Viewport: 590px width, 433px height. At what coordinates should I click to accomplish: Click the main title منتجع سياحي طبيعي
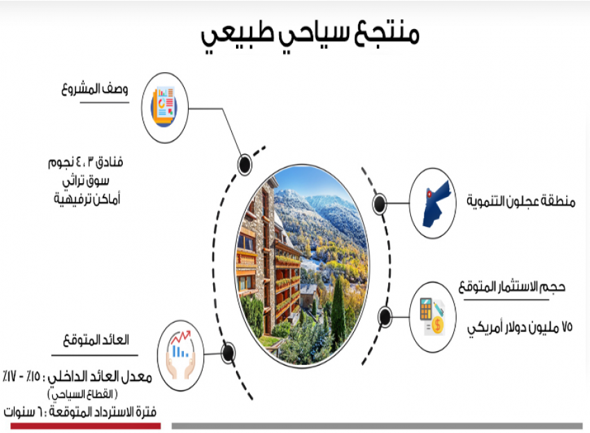click(x=310, y=36)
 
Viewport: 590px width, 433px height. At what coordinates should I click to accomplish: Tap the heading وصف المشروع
click(x=95, y=90)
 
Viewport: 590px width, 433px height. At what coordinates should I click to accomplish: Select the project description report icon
click(x=164, y=108)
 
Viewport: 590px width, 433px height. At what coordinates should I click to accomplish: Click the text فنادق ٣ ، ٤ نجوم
click(x=86, y=162)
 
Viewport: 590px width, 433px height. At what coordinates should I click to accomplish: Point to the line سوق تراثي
click(x=86, y=181)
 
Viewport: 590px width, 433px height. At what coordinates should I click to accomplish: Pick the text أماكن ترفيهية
click(x=87, y=198)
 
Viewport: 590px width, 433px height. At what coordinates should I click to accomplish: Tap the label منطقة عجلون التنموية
click(x=521, y=201)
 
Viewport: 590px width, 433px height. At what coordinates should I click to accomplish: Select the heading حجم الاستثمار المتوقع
click(x=512, y=287)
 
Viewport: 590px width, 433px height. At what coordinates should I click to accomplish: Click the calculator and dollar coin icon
click(x=432, y=316)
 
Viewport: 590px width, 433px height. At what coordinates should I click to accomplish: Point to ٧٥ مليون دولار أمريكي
click(x=520, y=328)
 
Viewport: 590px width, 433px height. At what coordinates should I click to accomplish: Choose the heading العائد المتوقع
click(x=96, y=340)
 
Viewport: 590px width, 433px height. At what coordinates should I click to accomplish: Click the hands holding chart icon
click(x=180, y=355)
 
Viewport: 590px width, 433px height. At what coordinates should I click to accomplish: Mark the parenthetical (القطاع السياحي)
click(x=83, y=394)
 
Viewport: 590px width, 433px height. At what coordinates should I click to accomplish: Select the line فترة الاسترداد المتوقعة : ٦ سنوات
click(x=80, y=412)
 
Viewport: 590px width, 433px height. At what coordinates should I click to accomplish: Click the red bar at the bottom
click(x=85, y=426)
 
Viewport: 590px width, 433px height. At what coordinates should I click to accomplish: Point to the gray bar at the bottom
click(x=377, y=426)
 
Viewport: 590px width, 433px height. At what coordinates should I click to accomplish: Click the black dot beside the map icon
click(x=379, y=203)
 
